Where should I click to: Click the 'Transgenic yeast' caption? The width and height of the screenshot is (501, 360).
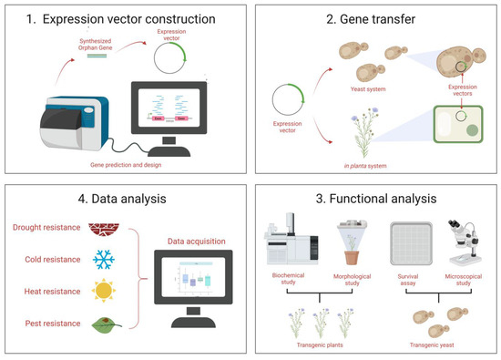(x=436, y=346)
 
